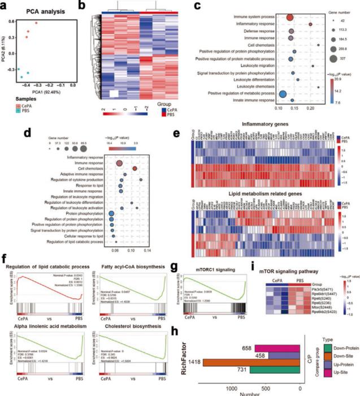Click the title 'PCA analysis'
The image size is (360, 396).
point(45,12)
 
